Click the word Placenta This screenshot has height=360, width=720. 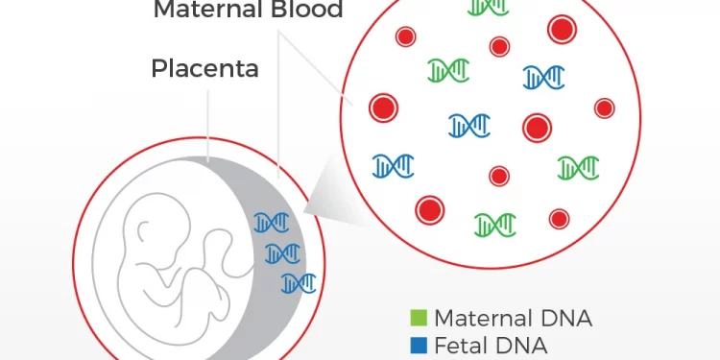[x=204, y=69]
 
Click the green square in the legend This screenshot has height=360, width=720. [x=418, y=318]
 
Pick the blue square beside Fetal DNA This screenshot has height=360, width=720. [x=418, y=345]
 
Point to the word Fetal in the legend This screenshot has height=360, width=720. [x=462, y=345]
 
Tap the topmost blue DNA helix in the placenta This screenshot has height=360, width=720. [x=271, y=223]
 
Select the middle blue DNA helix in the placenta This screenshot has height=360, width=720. [x=282, y=253]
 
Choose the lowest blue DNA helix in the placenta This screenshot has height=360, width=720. [x=299, y=282]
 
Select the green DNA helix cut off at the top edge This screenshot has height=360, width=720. [x=488, y=7]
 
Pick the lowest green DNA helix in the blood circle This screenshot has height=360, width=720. [x=495, y=225]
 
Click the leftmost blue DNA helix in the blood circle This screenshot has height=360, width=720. [x=394, y=166]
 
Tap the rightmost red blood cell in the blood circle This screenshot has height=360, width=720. [x=605, y=108]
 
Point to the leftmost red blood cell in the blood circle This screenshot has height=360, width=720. [x=383, y=108]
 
